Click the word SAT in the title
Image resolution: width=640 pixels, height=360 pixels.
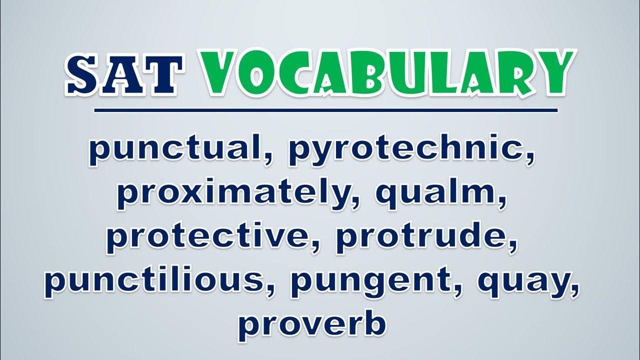point(124,74)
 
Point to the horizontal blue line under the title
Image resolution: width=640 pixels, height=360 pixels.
point(326,110)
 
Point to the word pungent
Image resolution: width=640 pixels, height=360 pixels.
point(371,283)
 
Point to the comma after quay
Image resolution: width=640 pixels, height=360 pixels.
point(573,289)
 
